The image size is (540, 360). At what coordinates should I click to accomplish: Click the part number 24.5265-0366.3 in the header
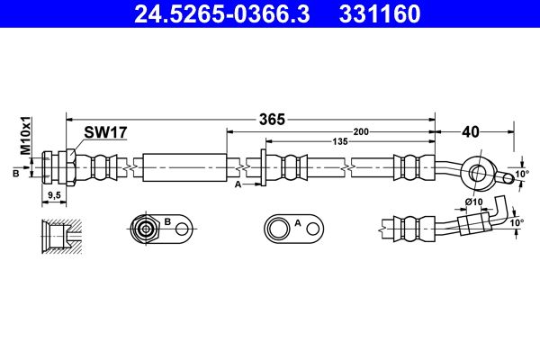coord(221,14)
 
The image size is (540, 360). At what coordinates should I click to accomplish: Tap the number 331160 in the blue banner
coord(380,14)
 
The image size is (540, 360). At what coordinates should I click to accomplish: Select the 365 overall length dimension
coord(272,119)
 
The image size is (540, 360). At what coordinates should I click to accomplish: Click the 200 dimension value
coord(361,131)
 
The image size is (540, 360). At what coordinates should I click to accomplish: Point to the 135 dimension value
coord(340,141)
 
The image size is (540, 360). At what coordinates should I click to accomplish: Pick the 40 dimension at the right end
coord(471,131)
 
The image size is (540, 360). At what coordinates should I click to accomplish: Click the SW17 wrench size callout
coord(105,132)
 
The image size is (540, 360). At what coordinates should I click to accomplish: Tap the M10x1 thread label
coord(25,135)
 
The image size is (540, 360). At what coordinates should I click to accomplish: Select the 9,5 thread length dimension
coord(54,195)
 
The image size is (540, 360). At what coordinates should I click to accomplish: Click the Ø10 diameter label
coord(474,202)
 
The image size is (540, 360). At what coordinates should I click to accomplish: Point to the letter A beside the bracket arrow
coord(238,184)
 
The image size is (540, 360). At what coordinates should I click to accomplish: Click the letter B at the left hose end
coord(16,174)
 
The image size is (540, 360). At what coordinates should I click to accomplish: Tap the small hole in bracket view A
coord(313,229)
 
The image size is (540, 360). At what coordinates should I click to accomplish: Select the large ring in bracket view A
coord(277,229)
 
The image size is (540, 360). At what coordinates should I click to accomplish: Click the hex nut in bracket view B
coord(145,229)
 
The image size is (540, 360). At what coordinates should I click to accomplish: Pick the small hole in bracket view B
coord(182,229)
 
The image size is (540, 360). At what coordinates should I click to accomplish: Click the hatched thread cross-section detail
coord(61,237)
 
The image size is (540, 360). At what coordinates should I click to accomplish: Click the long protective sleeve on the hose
coord(184,167)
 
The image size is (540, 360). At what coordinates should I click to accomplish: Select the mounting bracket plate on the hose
coord(264,167)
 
